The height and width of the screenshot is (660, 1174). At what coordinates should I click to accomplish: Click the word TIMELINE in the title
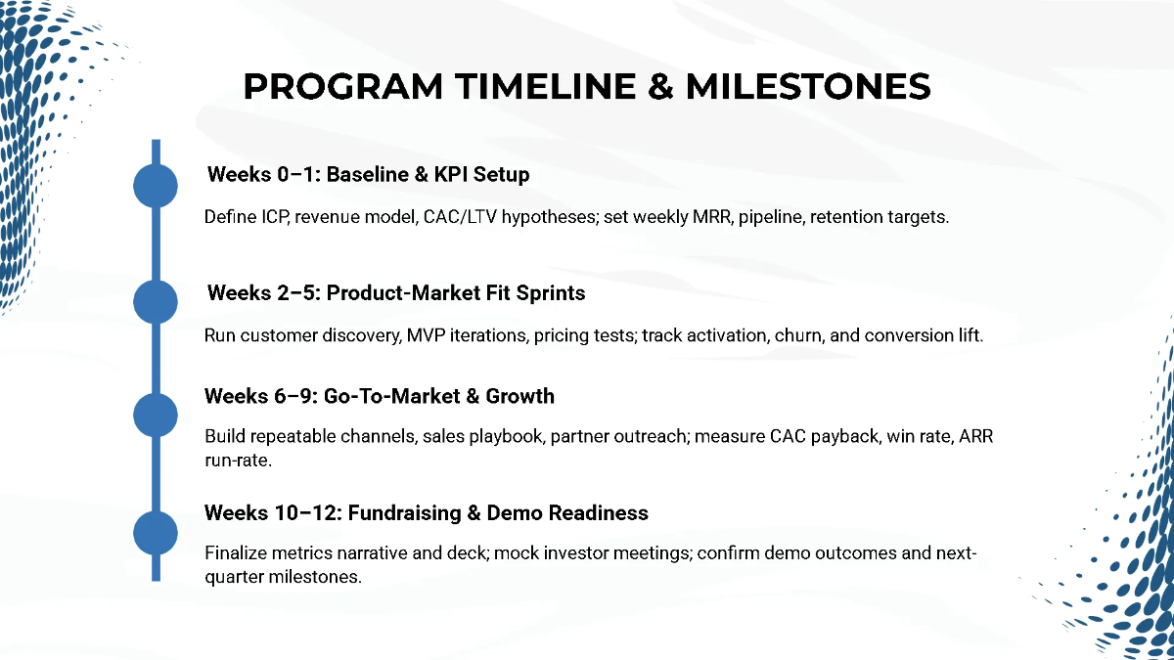coord(533,86)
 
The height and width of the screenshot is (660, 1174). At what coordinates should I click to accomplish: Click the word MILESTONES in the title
coord(807,86)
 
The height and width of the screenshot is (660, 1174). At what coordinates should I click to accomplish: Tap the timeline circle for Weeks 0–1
coord(155,186)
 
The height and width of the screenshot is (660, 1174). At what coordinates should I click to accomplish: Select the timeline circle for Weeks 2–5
coord(155,300)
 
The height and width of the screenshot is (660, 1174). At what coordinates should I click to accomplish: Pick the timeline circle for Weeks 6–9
coord(155,416)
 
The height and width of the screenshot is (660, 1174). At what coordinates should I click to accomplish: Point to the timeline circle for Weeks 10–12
coord(155,532)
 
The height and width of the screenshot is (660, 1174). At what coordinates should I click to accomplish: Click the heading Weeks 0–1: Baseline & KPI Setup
coord(368,175)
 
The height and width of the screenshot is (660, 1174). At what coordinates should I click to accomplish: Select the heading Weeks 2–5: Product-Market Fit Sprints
coord(396,292)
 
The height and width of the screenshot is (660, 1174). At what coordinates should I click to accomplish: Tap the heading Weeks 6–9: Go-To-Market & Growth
coord(379,396)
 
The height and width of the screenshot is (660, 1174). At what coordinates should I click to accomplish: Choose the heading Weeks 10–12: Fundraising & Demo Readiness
coord(426,512)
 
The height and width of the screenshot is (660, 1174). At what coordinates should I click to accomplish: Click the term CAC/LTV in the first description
coord(456,217)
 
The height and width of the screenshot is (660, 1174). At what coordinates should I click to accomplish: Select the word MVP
coord(422,335)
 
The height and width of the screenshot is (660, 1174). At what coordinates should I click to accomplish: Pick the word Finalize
coord(235,553)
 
